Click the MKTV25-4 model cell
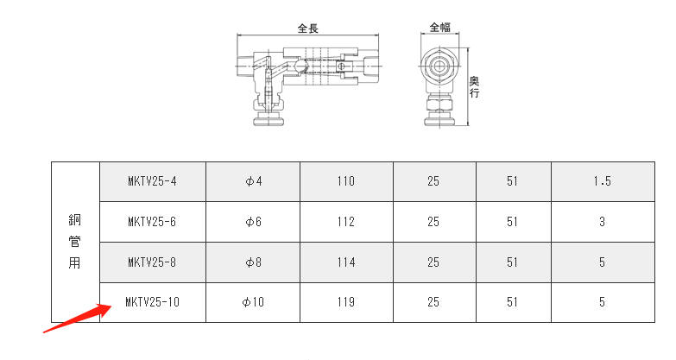coord(152,181)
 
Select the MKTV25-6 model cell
coord(152,222)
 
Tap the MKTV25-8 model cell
coord(152,262)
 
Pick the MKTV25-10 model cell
coord(152,302)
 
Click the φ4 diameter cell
coord(254,181)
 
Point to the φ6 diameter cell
coord(254,222)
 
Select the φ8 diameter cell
coord(254,262)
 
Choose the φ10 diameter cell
coord(253,302)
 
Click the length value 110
coord(346,181)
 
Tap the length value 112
coord(346,222)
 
